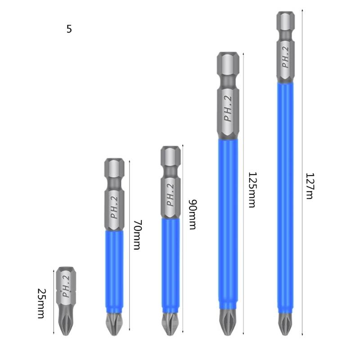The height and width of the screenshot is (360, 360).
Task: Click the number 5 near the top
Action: click(x=69, y=29)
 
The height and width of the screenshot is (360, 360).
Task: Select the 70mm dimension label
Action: click(x=136, y=234)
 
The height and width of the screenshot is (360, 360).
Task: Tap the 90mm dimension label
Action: click(x=192, y=214)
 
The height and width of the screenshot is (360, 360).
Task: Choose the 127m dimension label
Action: click(x=309, y=186)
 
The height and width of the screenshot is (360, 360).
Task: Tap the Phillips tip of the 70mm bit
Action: click(x=114, y=324)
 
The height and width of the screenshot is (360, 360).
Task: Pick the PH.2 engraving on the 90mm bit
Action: click(x=170, y=194)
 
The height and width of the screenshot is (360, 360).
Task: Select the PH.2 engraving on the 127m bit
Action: click(x=285, y=57)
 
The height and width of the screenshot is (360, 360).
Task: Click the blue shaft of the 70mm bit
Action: click(x=114, y=270)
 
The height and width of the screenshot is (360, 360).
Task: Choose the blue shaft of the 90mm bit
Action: click(x=171, y=265)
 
